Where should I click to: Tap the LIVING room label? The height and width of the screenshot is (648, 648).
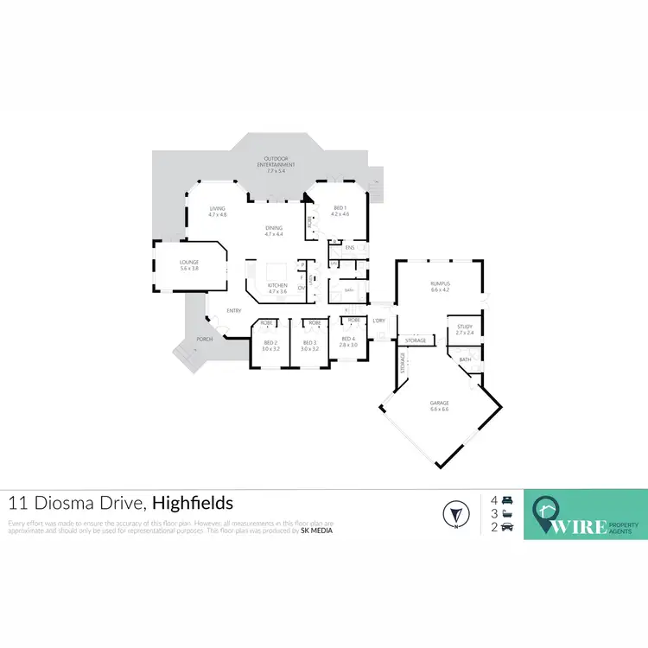(x=218, y=211)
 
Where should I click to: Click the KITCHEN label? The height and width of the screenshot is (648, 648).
(x=277, y=289)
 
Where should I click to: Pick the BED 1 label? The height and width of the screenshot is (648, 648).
(x=339, y=210)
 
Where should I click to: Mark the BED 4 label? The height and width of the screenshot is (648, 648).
(x=348, y=341)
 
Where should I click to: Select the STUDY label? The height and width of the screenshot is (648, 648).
(x=465, y=330)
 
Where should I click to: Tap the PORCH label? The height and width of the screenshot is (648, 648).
(x=205, y=339)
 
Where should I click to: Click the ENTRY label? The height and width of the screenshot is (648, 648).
(x=233, y=311)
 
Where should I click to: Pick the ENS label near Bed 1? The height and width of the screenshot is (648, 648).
(x=350, y=249)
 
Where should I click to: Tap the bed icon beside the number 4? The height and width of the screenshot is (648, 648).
(x=507, y=500)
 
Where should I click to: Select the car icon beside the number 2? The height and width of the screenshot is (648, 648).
(x=507, y=526)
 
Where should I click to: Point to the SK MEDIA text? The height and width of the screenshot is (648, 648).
(x=316, y=530)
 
